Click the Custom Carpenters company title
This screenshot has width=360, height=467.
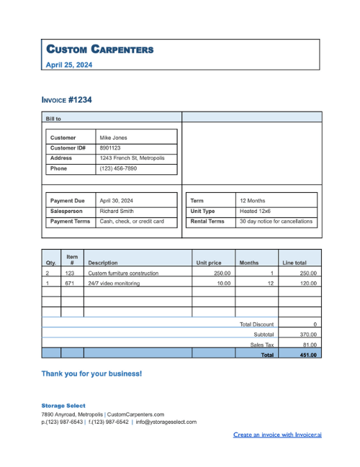pos(99,49)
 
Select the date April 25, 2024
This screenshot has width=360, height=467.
pos(69,65)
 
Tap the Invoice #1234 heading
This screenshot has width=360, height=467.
pos(66,100)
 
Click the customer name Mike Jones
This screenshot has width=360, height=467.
pos(113,137)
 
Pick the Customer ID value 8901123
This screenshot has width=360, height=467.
pos(110,148)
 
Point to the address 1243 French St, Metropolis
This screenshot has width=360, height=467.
pos(132,158)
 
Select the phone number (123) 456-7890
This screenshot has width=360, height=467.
pos(117,168)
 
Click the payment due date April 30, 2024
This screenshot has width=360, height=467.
pos(116,201)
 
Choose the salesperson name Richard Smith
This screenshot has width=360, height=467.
pos(117,212)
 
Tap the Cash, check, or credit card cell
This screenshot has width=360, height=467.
pos(132,222)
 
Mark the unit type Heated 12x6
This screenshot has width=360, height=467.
pos(255,212)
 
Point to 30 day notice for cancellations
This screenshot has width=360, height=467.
pos(276,222)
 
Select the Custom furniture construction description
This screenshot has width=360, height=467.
pos(123,273)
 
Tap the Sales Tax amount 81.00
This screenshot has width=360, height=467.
pos(309,345)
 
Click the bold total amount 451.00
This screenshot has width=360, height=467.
pos(308,355)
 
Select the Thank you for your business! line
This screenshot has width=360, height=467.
pos(91,374)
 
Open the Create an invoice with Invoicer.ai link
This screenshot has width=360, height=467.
pos(277,435)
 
